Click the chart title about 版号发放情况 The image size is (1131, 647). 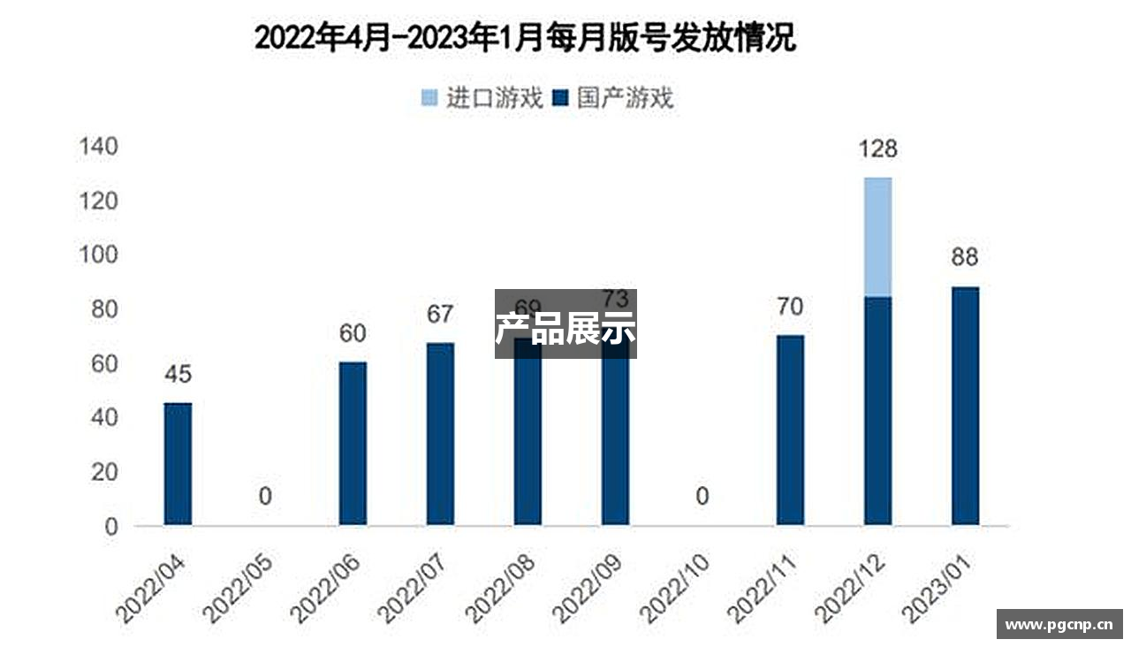click(525, 39)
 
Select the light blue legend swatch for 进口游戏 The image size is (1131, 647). click(429, 98)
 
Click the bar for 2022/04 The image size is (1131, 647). click(178, 464)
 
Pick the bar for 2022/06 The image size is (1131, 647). click(353, 444)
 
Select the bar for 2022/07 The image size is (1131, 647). click(440, 434)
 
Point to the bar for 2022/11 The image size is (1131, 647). click(790, 430)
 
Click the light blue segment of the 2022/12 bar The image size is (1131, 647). click(877, 237)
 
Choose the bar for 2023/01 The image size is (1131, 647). click(965, 406)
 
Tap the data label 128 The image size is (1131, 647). click(877, 148)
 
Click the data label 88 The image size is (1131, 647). click(965, 258)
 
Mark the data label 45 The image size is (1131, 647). click(178, 374)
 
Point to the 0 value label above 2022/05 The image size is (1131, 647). click(265, 497)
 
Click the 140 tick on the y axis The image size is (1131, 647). click(98, 147)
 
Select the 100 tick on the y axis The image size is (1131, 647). click(98, 255)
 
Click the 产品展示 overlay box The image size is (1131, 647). click(565, 323)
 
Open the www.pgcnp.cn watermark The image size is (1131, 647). click(1059, 624)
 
